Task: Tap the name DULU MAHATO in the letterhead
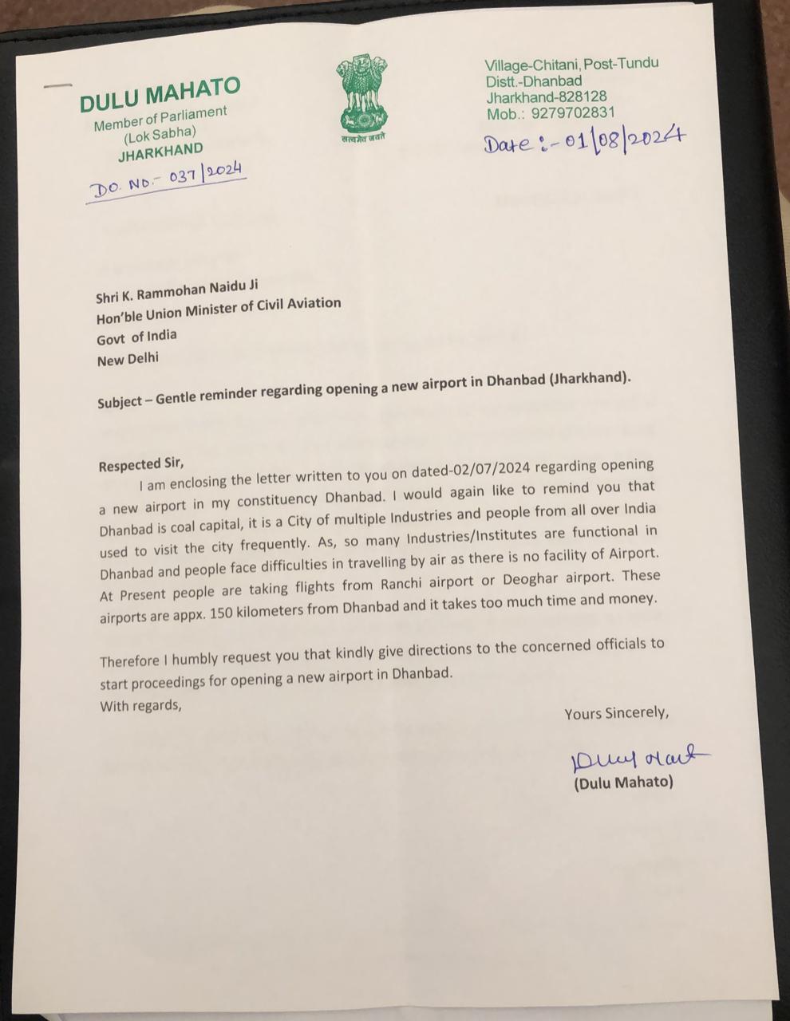click(160, 94)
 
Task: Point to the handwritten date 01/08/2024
click(583, 142)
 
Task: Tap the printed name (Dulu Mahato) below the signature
click(623, 783)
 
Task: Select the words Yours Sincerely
click(616, 713)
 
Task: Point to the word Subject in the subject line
click(120, 402)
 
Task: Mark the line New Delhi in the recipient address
click(128, 360)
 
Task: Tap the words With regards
click(140, 706)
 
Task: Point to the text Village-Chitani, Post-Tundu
click(571, 64)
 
